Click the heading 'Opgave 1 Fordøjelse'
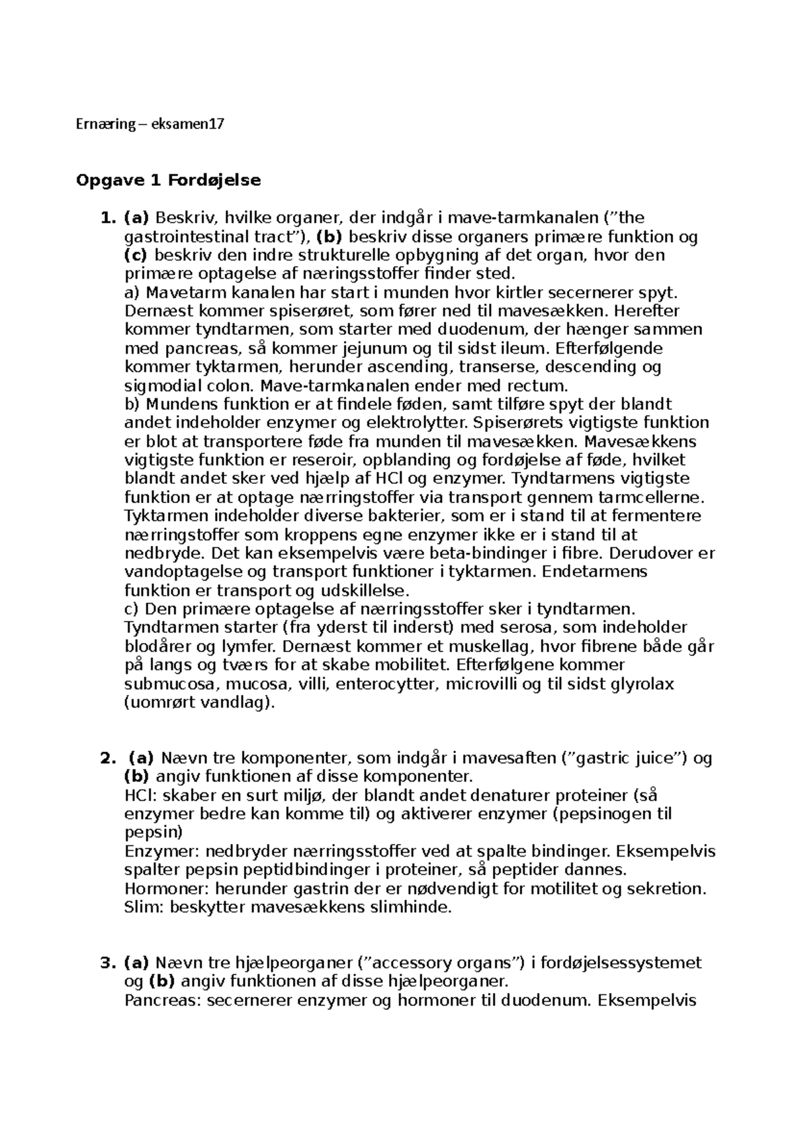point(169,180)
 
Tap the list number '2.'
point(108,758)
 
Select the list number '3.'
point(108,962)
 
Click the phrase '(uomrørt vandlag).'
point(199,702)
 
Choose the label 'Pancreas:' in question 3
point(163,1000)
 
